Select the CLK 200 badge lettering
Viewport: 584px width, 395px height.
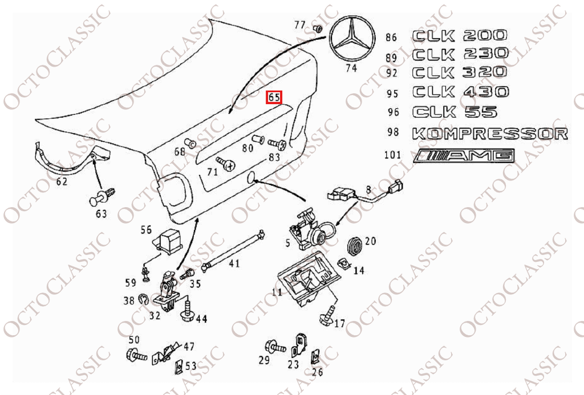460,36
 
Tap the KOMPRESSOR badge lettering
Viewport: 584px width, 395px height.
490,134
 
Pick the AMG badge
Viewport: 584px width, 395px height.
465,155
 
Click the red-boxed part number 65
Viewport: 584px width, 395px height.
274,97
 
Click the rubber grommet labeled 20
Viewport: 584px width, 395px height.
355,246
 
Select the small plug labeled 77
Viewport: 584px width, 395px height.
318,28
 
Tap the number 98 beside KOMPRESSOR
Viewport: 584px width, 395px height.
393,133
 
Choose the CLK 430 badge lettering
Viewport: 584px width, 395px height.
460,92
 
